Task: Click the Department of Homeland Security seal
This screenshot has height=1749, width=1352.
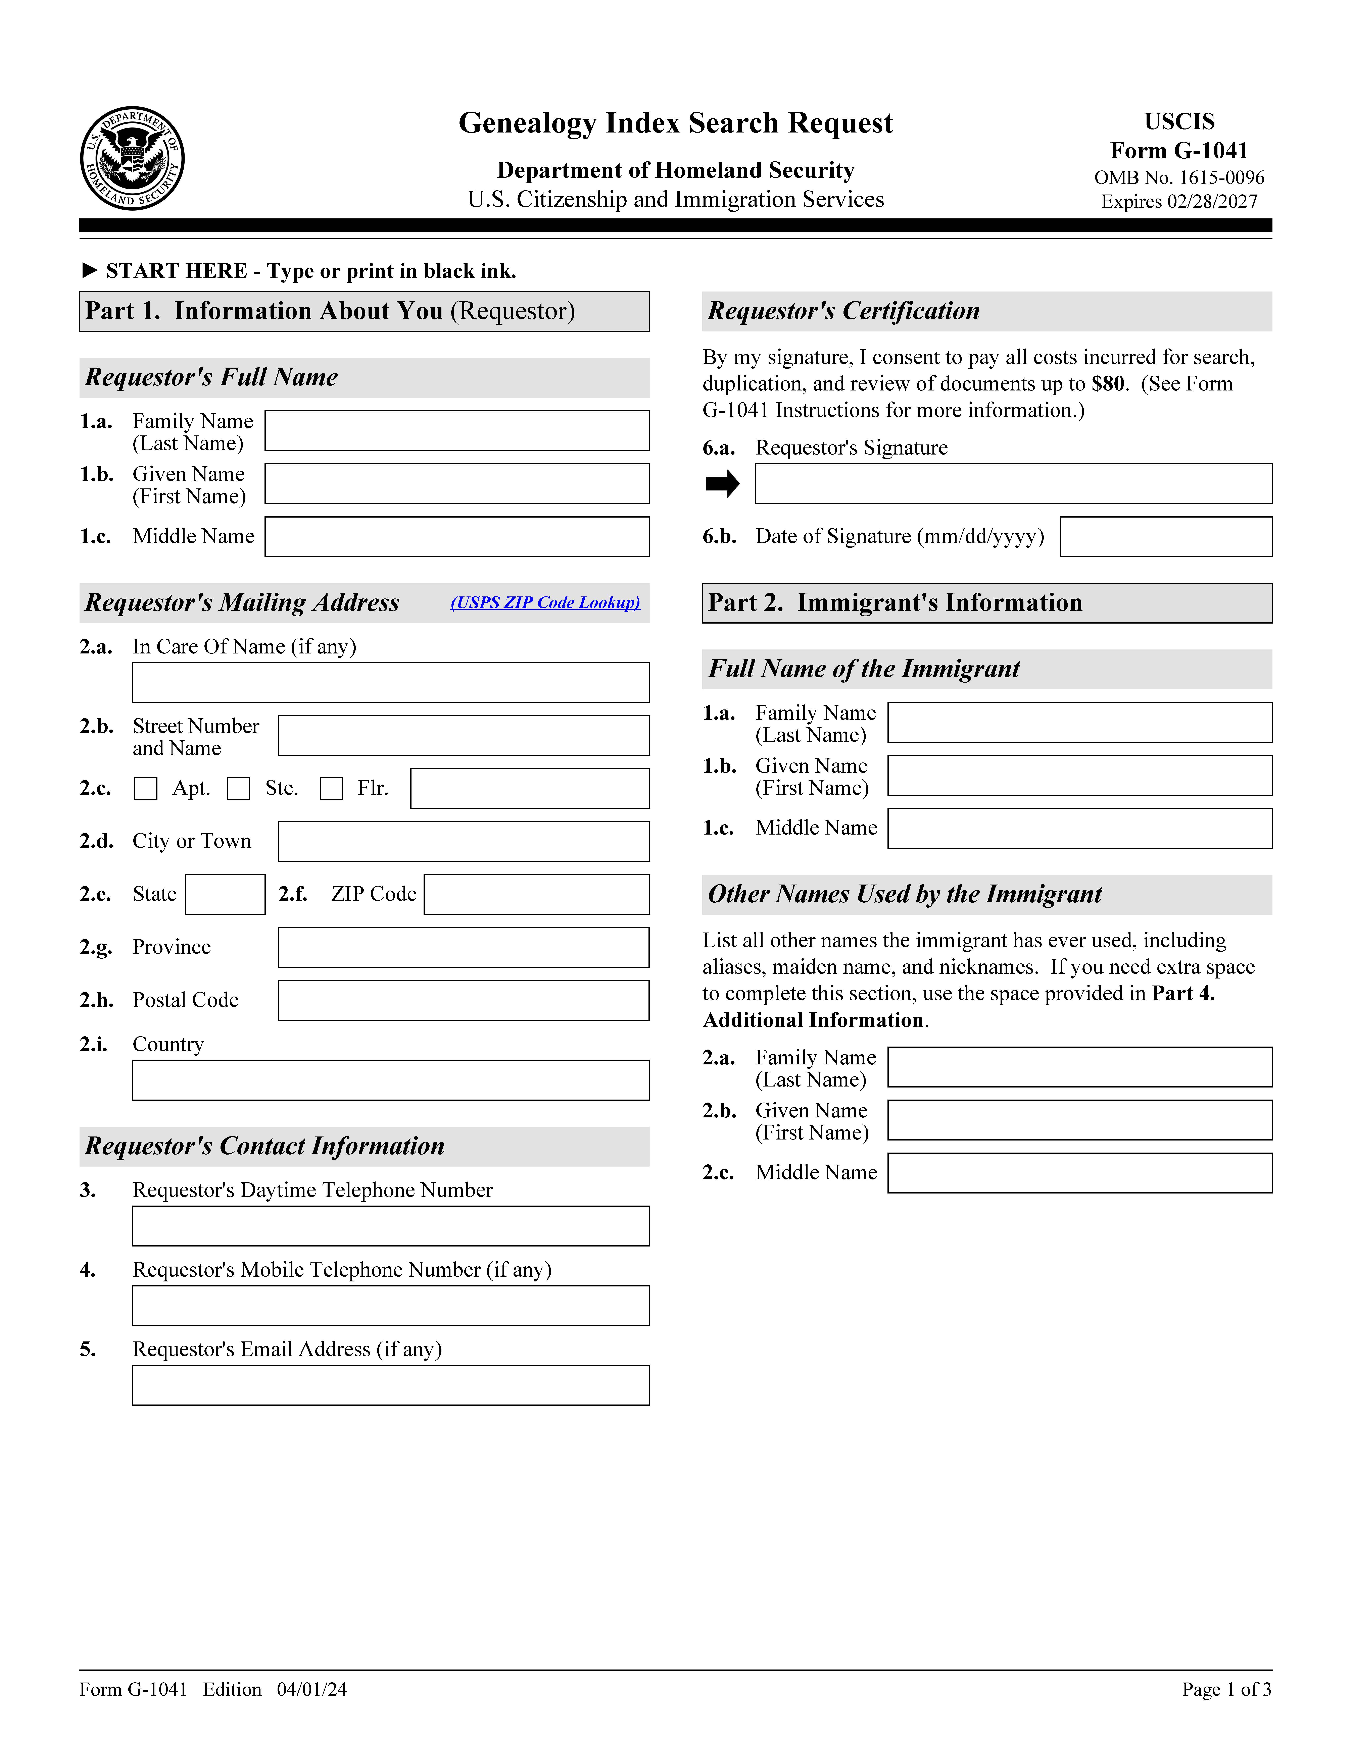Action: click(x=132, y=159)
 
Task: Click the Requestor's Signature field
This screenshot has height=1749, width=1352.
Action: click(x=1013, y=484)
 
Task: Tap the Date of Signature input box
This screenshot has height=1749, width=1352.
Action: click(x=1165, y=537)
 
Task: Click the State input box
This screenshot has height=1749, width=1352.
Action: click(x=225, y=895)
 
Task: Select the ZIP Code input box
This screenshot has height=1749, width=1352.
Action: click(x=537, y=895)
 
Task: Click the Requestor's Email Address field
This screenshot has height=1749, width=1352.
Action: click(x=391, y=1385)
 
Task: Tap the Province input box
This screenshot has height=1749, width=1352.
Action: click(x=464, y=947)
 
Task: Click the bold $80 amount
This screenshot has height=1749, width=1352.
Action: click(x=1108, y=384)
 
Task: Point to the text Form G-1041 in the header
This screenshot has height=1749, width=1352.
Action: click(x=1179, y=151)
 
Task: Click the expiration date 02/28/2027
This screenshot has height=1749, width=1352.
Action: click(x=1213, y=202)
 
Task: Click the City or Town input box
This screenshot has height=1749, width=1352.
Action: click(x=464, y=842)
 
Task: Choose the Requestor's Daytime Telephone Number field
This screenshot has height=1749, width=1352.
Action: click(x=391, y=1226)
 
